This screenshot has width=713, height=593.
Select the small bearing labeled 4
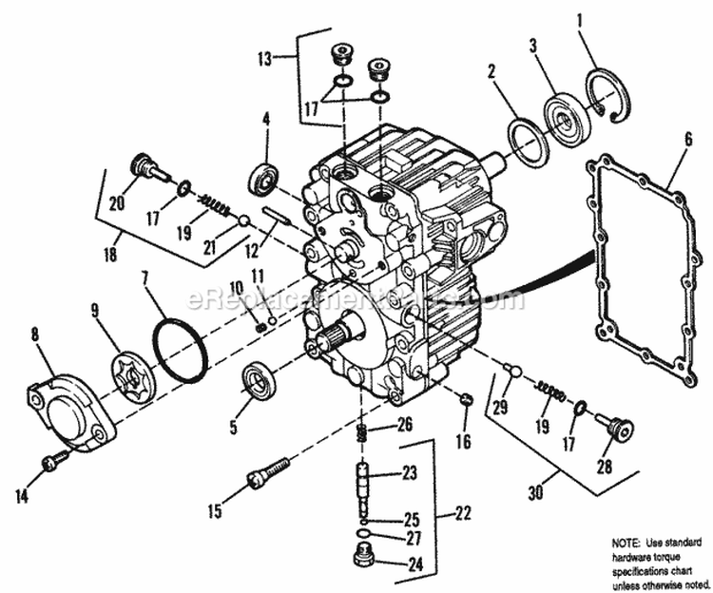(x=264, y=178)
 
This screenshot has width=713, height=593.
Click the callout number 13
(x=262, y=59)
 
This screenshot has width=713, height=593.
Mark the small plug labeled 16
(x=465, y=398)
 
